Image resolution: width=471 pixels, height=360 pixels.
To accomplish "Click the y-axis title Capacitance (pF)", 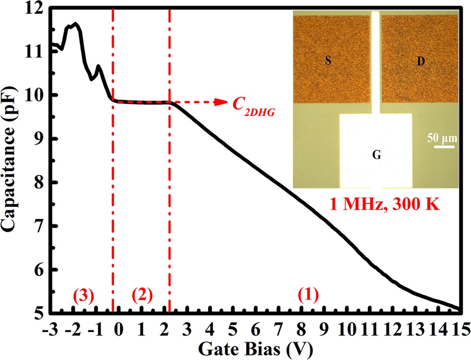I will pyautogui.click(x=12, y=160).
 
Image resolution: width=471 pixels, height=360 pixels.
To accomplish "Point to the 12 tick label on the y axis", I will pyautogui.click(x=34, y=9).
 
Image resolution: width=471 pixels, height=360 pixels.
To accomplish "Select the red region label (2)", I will pyautogui.click(x=143, y=296).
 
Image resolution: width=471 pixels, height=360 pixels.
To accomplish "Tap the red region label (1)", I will pyautogui.click(x=308, y=296).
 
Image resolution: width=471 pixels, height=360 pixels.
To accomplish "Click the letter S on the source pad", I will pyautogui.click(x=328, y=62).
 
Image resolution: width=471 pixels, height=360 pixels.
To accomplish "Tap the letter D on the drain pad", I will pyautogui.click(x=421, y=62).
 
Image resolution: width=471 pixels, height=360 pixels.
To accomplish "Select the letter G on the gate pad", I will pyautogui.click(x=376, y=156).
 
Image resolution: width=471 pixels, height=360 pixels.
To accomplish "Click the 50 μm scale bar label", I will pyautogui.click(x=441, y=137).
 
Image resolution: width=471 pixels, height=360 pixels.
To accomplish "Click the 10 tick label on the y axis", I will pyautogui.click(x=34, y=96).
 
